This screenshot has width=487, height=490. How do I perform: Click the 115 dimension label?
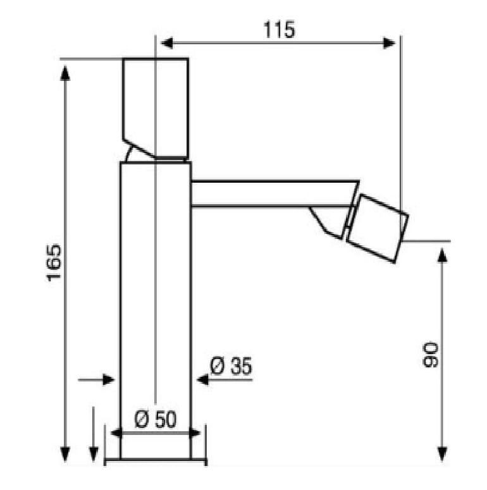click(279, 30)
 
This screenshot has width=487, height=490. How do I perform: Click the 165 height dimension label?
click(54, 262)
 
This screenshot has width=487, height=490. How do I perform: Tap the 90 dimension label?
click(430, 355)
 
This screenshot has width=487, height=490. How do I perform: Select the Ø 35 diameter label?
click(231, 365)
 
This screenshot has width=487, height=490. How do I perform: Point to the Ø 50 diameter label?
click(156, 419)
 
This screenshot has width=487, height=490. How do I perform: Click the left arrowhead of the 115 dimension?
click(166, 43)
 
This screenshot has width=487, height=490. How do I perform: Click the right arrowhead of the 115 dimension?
click(390, 43)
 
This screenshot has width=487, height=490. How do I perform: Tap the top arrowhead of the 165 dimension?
click(65, 73)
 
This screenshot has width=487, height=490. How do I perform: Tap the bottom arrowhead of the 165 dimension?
click(65, 455)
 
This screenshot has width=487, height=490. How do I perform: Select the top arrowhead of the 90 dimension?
click(441, 255)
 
